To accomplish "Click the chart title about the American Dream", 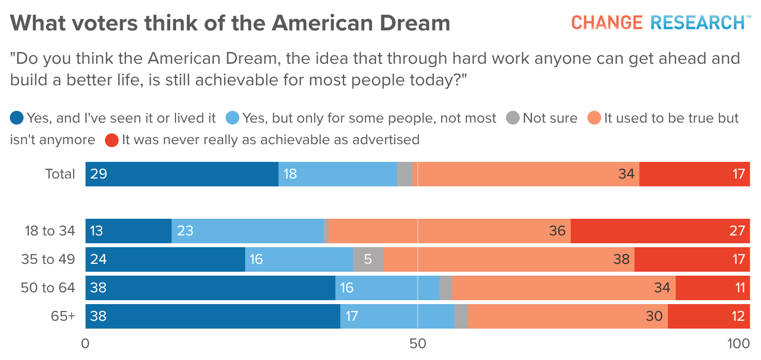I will click(x=230, y=23).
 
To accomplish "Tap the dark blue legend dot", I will click(x=17, y=118).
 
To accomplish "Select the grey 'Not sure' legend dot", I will click(x=512, y=118).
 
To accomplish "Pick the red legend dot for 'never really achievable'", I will click(x=112, y=140).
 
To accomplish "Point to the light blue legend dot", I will click(x=232, y=118).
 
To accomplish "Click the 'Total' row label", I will click(x=60, y=174).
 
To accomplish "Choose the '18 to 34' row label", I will click(x=51, y=231).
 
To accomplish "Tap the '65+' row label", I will click(x=63, y=316).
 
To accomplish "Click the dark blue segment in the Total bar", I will click(x=182, y=174).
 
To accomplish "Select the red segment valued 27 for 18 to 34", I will click(x=660, y=231).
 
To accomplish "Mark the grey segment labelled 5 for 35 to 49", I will click(x=368, y=259).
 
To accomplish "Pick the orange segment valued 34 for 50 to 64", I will click(x=563, y=288).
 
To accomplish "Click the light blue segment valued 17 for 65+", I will click(x=397, y=316).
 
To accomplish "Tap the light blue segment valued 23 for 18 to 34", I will click(x=248, y=231).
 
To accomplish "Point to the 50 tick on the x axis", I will click(x=417, y=344).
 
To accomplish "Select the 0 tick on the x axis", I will click(x=85, y=344).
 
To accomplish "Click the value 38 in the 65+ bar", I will click(x=99, y=316).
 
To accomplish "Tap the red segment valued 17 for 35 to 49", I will click(x=692, y=259).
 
